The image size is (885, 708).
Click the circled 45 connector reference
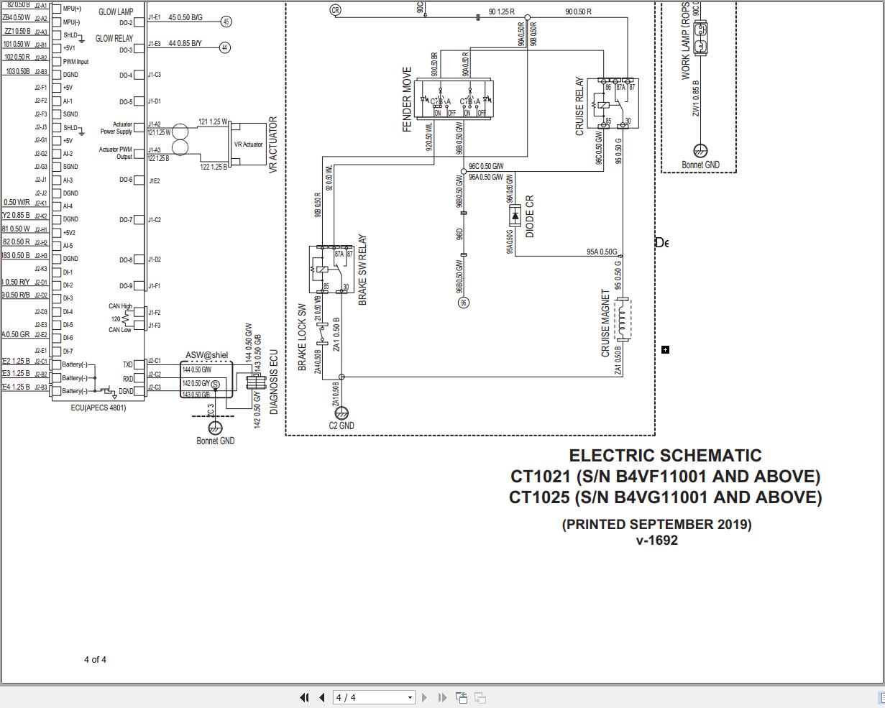[x=226, y=22]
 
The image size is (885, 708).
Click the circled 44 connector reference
[x=225, y=47]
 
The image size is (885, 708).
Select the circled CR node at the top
[x=335, y=10]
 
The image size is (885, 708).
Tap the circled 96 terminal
[x=464, y=303]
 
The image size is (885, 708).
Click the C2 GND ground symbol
[x=341, y=413]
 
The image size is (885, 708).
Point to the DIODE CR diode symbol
[x=515, y=215]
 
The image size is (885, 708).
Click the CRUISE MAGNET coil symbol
[x=623, y=319]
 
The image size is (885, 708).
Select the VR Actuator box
[x=248, y=144]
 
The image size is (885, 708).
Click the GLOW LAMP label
[x=116, y=12]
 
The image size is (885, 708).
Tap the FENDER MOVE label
[x=408, y=100]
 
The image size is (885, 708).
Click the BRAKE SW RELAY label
[x=362, y=270]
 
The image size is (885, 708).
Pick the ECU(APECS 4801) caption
[x=98, y=408]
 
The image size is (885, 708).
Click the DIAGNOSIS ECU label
[x=274, y=382]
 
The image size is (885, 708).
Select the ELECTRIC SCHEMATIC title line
[x=665, y=456]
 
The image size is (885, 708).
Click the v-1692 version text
[x=656, y=541]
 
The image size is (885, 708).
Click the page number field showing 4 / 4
[x=370, y=697]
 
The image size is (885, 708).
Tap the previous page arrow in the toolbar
[x=321, y=697]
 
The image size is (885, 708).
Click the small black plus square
[x=665, y=350]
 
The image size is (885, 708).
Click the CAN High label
[x=120, y=306]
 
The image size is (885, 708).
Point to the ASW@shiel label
[x=206, y=355]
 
